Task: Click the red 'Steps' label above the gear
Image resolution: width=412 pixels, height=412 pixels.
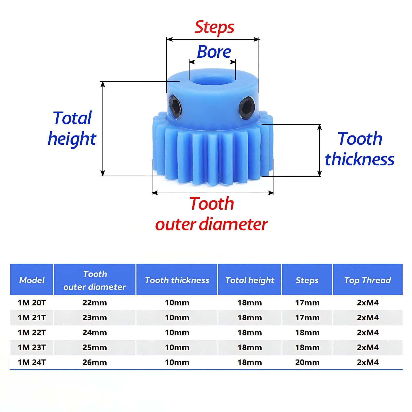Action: (214, 27)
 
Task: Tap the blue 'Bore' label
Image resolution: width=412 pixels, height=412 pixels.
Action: (214, 52)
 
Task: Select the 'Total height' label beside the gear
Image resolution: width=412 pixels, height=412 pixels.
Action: (72, 128)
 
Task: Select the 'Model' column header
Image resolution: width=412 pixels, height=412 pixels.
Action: (32, 280)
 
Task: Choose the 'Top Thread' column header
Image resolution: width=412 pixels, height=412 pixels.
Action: (368, 280)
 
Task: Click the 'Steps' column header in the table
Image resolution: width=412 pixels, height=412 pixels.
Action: (307, 280)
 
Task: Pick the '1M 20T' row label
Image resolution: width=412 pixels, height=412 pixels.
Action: (32, 303)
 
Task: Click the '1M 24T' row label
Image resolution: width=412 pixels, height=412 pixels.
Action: (32, 362)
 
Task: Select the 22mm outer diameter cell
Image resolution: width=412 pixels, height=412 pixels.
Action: (95, 303)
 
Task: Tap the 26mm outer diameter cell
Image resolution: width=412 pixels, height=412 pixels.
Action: (95, 362)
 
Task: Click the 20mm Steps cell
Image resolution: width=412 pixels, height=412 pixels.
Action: (307, 362)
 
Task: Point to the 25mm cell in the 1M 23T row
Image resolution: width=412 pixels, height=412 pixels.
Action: (95, 347)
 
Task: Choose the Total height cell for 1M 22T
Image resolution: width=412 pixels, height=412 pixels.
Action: (250, 332)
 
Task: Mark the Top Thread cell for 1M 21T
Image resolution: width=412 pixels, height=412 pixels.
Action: (368, 317)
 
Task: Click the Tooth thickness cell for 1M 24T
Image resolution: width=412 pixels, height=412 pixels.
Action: (177, 362)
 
